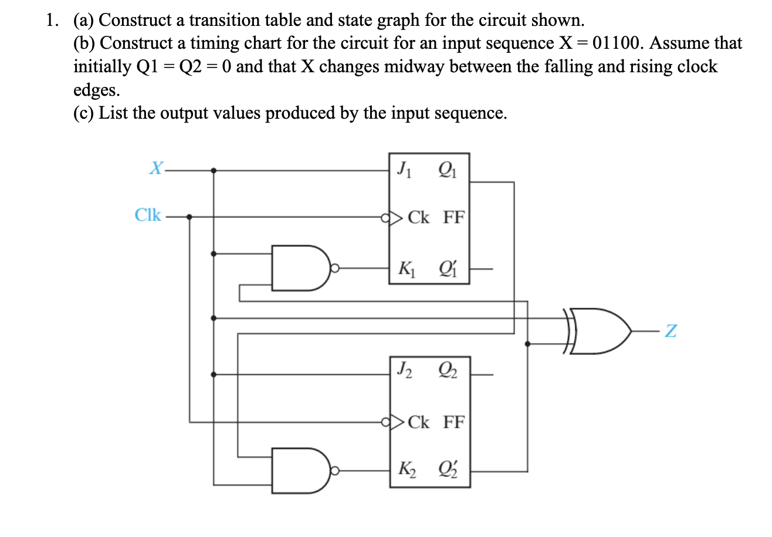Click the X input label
155,169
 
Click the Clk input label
148,215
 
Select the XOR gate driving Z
601,331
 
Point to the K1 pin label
405,269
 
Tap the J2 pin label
404,370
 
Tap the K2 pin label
405,470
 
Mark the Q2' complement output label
446,470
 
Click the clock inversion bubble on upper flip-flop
385,218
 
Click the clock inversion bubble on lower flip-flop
385,421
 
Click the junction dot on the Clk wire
189,217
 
